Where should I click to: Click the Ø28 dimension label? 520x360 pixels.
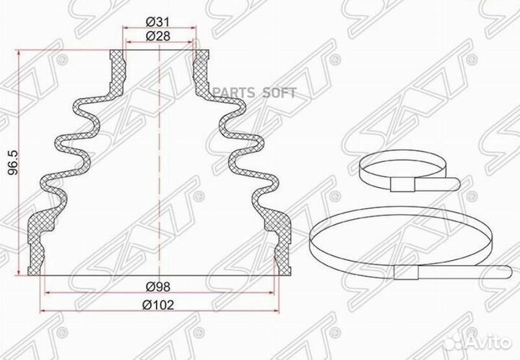coord(159,36)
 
